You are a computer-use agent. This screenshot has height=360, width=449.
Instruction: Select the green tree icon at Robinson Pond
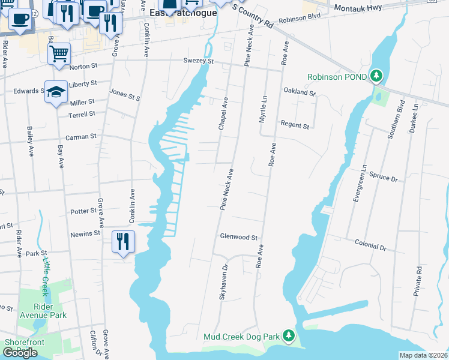(x=376, y=76)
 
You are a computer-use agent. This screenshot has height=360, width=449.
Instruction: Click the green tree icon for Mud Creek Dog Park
(x=289, y=336)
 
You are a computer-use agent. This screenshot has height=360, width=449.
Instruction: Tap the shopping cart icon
(x=59, y=53)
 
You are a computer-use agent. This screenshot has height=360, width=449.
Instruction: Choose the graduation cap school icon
(x=56, y=92)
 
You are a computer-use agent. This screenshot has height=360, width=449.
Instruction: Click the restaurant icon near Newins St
(x=123, y=241)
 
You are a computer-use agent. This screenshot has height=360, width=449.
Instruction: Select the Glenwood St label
(x=238, y=238)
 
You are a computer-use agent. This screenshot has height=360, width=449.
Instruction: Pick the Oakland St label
(x=300, y=93)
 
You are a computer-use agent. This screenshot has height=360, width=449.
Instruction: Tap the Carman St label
(x=81, y=137)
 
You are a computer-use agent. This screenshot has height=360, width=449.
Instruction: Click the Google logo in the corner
(x=20, y=352)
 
